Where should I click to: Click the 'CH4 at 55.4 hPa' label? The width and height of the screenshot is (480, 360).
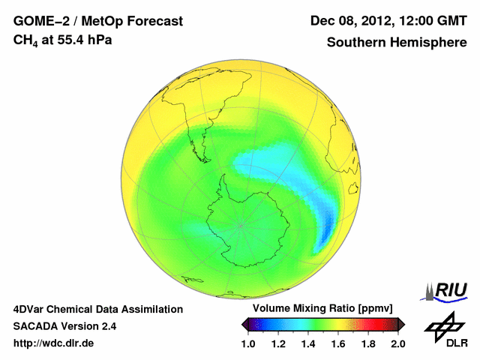tap(63, 39)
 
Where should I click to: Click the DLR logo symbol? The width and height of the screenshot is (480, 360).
tap(443, 325)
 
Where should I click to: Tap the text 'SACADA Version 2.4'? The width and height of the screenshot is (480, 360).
tap(64, 326)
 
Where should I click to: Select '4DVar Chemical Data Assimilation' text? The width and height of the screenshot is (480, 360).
tap(97, 309)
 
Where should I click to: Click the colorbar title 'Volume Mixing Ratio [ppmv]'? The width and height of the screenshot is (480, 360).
tap(323, 308)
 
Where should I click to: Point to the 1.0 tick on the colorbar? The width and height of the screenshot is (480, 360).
tap(249, 343)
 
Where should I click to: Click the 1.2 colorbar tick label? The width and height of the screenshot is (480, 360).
tap(278, 343)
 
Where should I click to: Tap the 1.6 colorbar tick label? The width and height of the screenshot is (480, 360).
tap(338, 343)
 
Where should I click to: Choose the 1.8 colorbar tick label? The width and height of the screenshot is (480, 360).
tap(367, 343)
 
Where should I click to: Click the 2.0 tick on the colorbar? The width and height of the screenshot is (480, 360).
tap(397, 343)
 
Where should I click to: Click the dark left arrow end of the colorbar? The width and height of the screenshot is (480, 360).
tap(245, 324)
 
